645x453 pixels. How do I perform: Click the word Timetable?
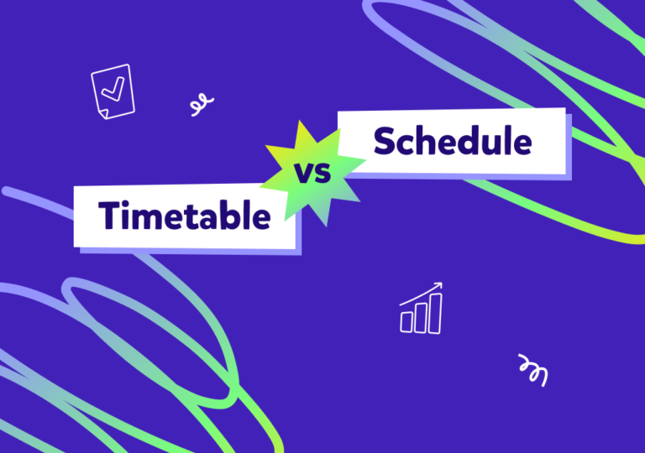(x=185, y=216)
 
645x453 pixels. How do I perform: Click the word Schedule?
(x=453, y=142)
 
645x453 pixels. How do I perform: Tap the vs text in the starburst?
(x=312, y=175)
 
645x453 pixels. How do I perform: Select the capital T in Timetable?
(x=110, y=216)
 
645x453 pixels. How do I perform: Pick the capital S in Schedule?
(x=385, y=142)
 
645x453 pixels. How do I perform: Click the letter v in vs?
(x=303, y=176)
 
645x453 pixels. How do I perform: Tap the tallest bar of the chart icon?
(x=434, y=311)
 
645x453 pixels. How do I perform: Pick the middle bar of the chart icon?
(x=420, y=316)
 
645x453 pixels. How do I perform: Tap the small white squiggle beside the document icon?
(x=201, y=105)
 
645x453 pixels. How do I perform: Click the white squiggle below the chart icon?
(x=533, y=369)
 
